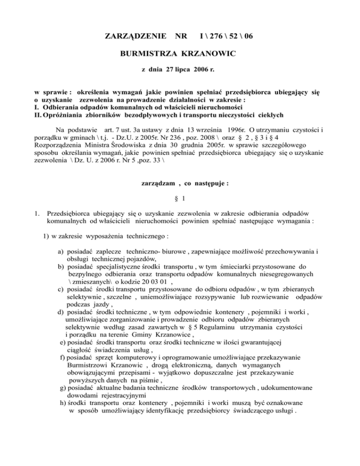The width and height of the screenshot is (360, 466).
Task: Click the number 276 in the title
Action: click(x=219, y=36)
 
